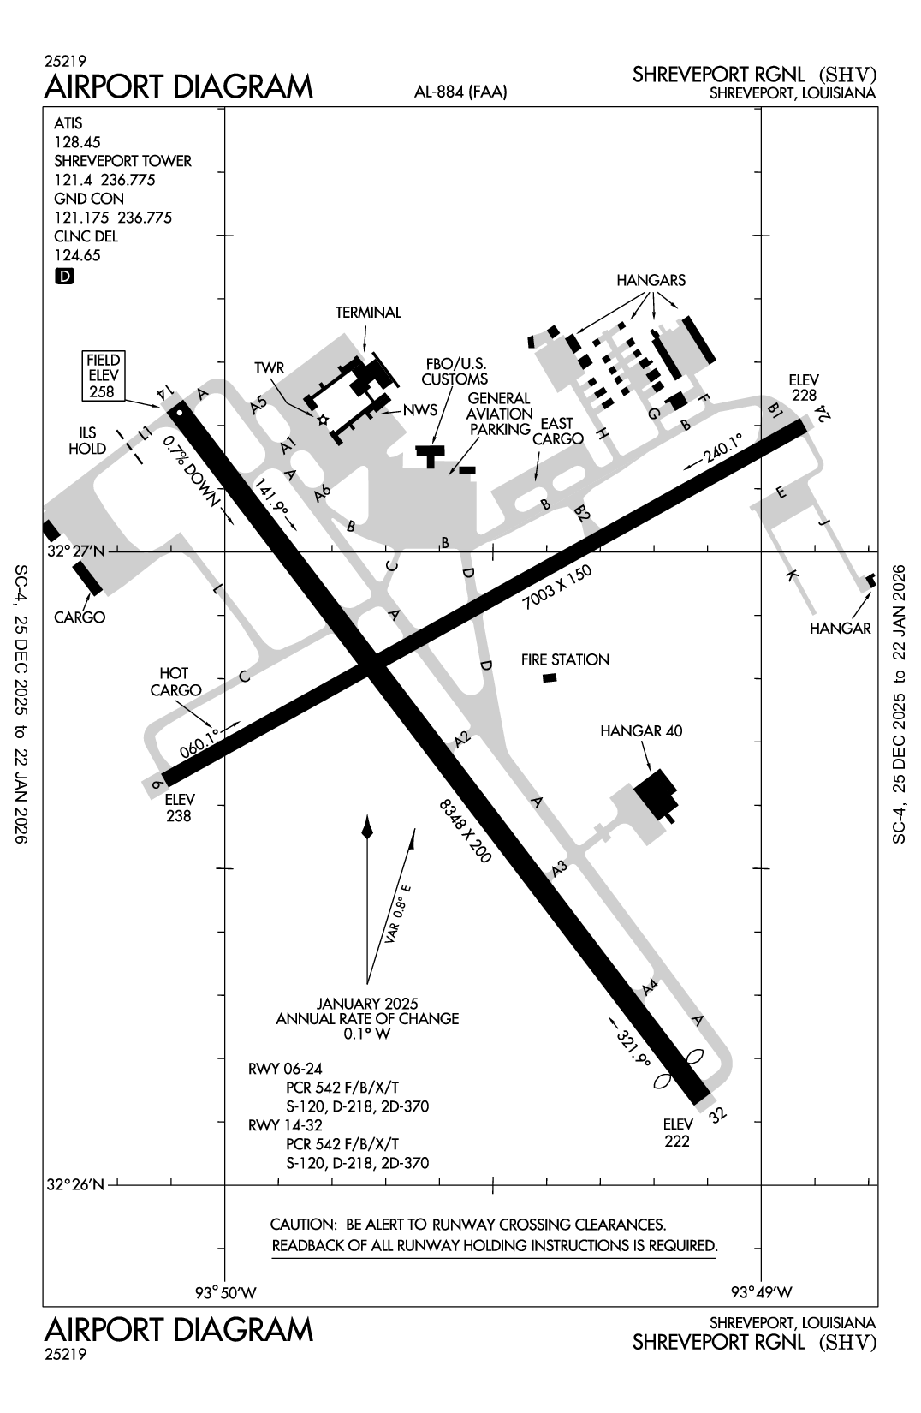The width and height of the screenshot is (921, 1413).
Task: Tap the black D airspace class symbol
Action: [x=64, y=276]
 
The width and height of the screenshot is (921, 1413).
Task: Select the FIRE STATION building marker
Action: [x=550, y=678]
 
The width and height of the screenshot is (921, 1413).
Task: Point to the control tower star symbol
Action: [x=323, y=420]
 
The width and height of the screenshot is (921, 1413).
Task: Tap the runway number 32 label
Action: [x=718, y=1114]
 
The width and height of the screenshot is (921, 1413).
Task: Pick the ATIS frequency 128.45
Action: [x=77, y=142]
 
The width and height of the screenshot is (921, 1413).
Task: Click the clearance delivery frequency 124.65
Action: [x=77, y=255]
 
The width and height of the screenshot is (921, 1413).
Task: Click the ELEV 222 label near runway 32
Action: [x=676, y=1132]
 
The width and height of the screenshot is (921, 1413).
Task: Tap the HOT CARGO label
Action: [x=175, y=682]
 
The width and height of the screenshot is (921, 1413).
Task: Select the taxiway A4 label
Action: [x=650, y=987]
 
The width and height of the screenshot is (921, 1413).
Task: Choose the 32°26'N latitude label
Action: [x=76, y=1185]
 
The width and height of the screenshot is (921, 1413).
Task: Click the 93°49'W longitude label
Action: [x=761, y=1291]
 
